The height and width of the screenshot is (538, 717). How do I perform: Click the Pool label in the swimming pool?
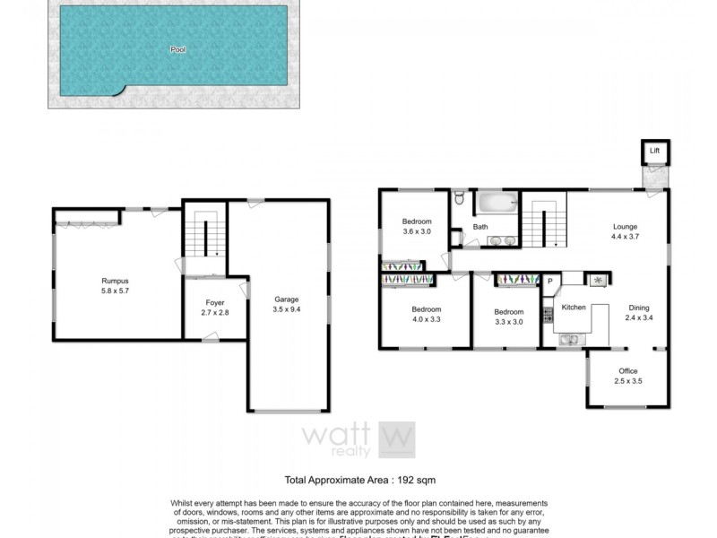coord(177,50)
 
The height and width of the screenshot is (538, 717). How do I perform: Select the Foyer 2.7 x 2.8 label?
coord(215,308)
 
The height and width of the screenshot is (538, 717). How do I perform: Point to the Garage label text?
coord(287,299)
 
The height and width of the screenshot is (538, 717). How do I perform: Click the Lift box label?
coord(654,152)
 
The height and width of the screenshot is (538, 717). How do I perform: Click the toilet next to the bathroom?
coord(459,197)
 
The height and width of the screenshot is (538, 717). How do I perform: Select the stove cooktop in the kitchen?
coord(546,317)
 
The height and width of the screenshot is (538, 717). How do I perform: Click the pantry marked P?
coord(550,282)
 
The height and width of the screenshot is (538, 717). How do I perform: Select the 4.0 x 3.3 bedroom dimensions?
coord(426,319)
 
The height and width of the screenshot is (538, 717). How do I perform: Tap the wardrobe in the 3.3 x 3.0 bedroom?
coord(514,280)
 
